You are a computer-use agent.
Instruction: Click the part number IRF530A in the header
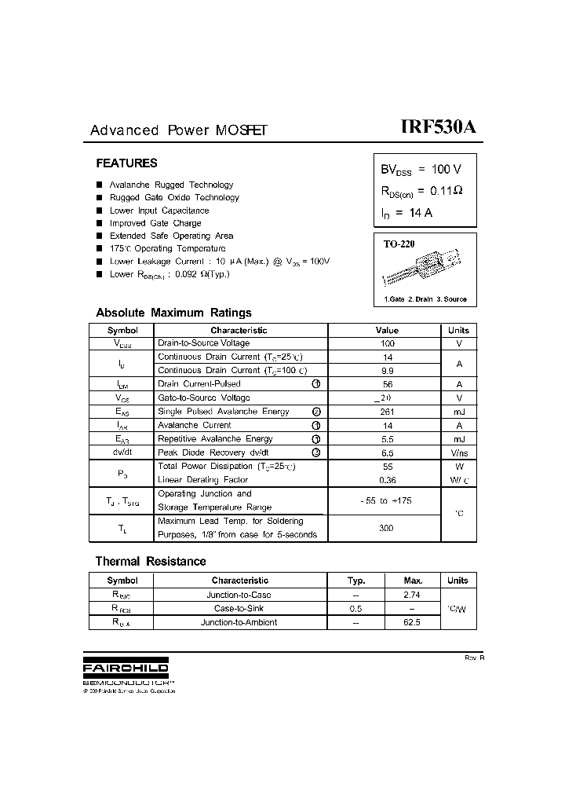(438, 128)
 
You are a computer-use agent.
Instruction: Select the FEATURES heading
(126, 163)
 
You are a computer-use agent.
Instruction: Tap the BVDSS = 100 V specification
(421, 169)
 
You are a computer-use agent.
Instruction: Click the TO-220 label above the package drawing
(399, 244)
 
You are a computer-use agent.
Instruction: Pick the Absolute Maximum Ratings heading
(173, 313)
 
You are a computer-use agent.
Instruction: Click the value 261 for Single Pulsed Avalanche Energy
(387, 412)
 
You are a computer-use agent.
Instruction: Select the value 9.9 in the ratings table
(387, 370)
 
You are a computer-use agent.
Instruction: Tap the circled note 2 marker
(316, 412)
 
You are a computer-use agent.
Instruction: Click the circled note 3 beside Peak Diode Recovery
(316, 452)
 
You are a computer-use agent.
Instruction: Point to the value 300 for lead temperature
(386, 528)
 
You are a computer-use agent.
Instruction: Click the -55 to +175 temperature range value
(386, 500)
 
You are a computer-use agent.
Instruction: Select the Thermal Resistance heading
(151, 562)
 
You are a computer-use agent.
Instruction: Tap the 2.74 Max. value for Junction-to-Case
(411, 595)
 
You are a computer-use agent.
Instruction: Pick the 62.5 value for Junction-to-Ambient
(411, 622)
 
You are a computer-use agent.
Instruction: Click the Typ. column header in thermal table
(356, 581)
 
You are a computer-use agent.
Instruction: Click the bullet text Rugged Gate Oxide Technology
(174, 198)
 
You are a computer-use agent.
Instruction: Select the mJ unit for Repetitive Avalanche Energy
(458, 439)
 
